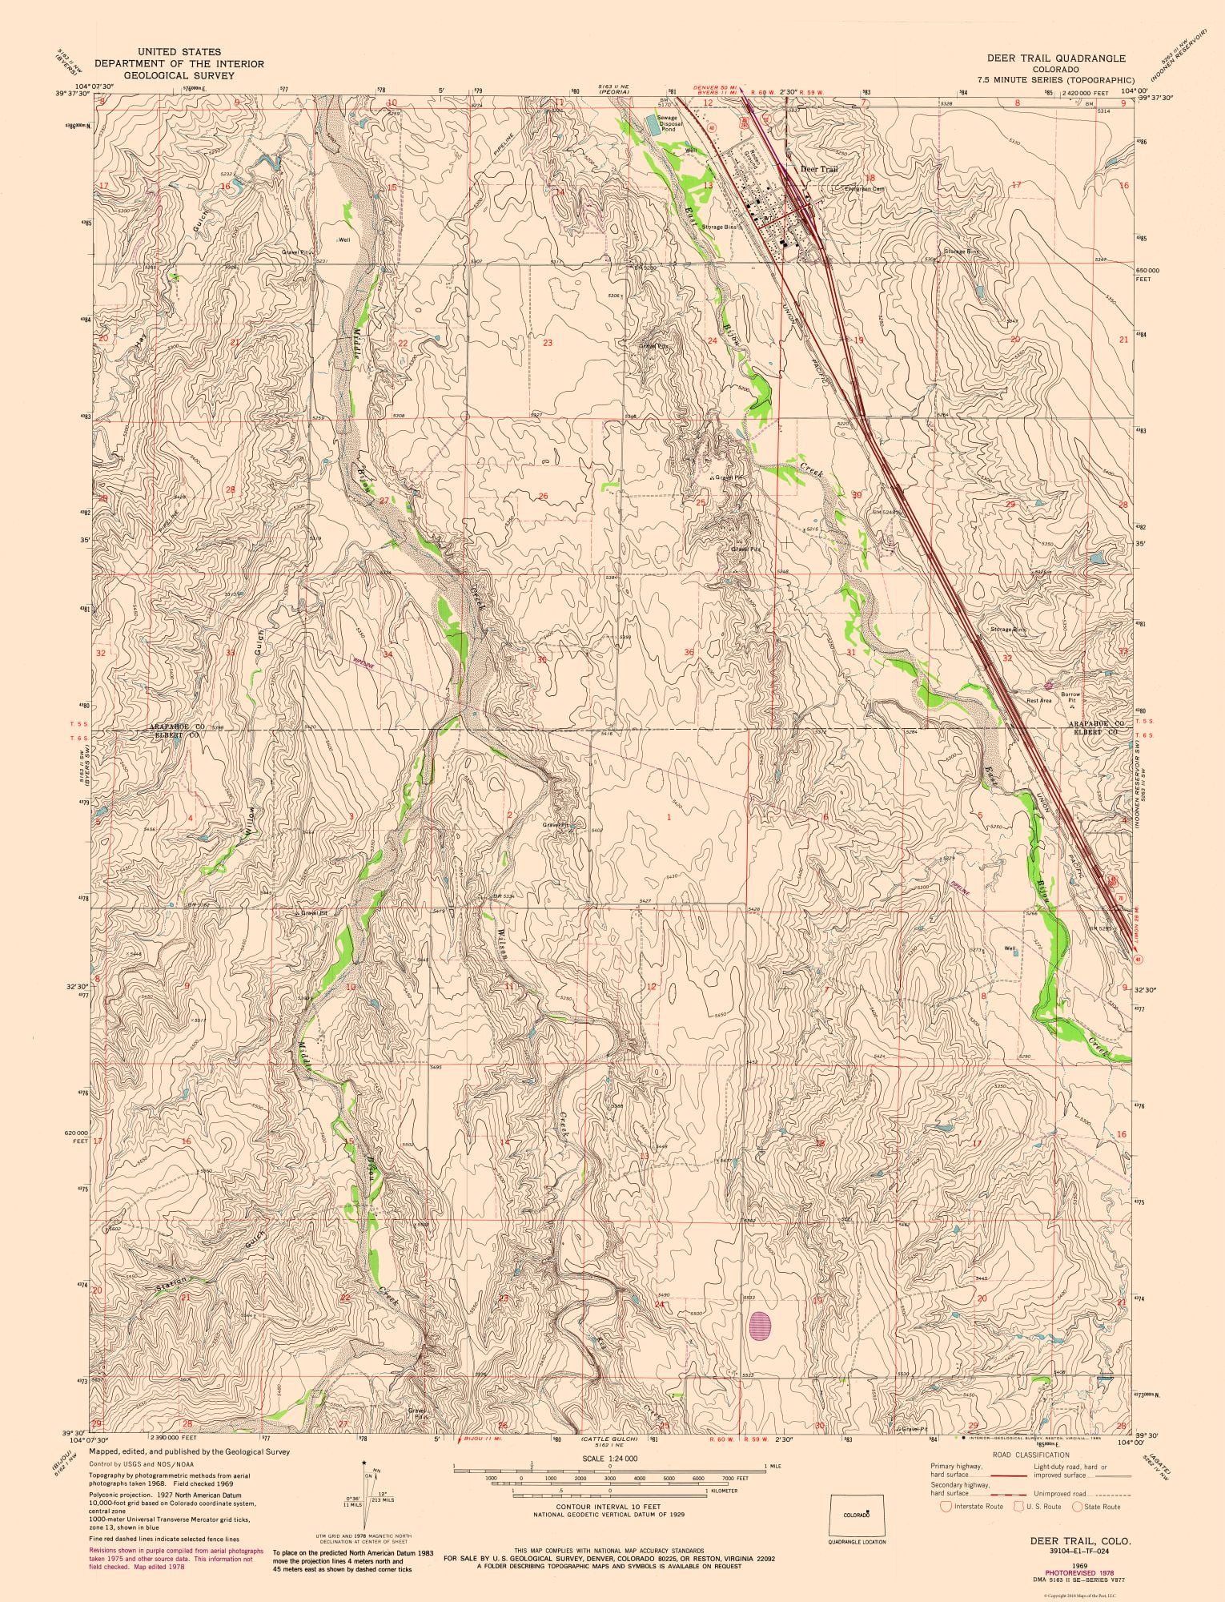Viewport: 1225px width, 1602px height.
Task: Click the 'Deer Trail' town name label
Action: click(x=817, y=170)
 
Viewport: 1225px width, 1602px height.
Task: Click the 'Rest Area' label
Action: click(x=1038, y=701)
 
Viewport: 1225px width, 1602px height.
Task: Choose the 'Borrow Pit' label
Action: click(x=1070, y=697)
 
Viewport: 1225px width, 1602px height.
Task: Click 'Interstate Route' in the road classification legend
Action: click(x=974, y=1507)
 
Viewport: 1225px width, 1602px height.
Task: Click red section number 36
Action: click(x=689, y=653)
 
